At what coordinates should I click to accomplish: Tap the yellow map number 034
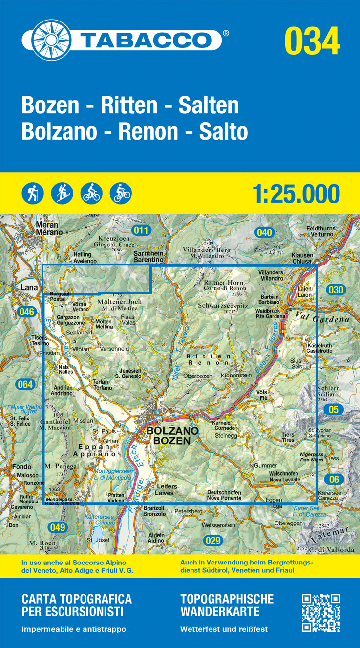coord(312,41)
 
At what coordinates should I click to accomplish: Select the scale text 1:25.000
coord(296,194)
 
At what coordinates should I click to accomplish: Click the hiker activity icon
coord(33,193)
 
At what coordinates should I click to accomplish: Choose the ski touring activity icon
coord(62,193)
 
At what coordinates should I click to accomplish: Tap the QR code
coord(320,612)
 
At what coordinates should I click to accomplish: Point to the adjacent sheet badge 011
coord(142,230)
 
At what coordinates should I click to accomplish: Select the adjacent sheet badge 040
coord(264,232)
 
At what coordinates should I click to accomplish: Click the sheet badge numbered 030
coord(336,290)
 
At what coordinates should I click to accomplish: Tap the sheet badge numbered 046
coord(27,312)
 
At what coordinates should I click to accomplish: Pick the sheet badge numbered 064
coord(24,384)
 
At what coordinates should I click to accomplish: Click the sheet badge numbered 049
coord(57,527)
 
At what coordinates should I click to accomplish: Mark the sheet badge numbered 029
coord(213,541)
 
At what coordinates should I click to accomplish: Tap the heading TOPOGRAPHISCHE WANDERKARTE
coord(227,605)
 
